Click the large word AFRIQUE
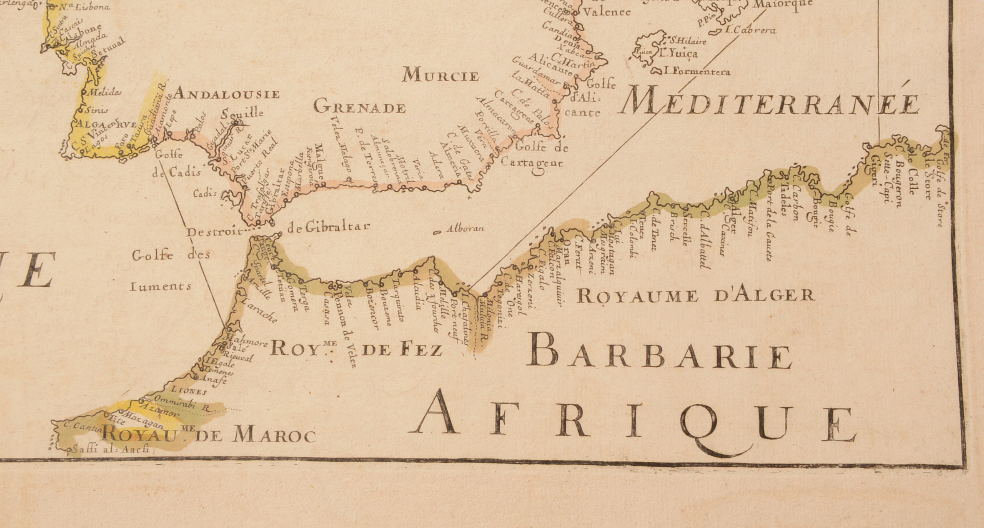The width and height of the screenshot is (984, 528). coord(633,421)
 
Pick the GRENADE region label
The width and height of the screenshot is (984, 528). coord(359,108)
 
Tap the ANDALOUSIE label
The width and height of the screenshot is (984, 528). coord(226,94)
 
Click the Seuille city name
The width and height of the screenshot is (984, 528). coord(243,113)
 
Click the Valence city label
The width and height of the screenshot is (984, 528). coord(606,12)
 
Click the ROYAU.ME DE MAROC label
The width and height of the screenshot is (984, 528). coord(208,435)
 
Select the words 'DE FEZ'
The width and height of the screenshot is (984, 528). coord(401,349)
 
